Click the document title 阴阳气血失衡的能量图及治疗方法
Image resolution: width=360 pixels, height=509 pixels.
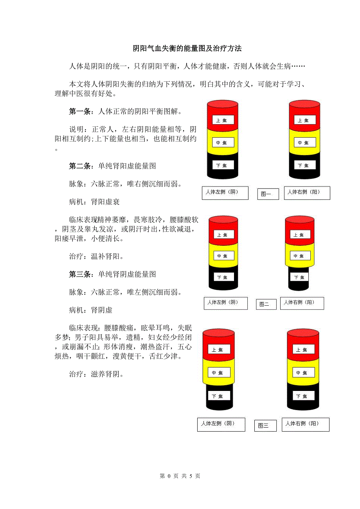[x=187, y=48]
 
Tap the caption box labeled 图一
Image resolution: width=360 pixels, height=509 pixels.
[x=268, y=194]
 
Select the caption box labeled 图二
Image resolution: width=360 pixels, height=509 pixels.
[x=266, y=304]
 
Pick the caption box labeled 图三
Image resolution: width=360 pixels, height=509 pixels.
[x=265, y=425]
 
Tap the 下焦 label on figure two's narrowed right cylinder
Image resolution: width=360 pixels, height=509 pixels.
[x=299, y=277]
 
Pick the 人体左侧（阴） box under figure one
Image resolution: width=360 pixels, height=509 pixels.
[x=225, y=193]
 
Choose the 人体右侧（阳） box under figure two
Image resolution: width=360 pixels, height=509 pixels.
[x=302, y=303]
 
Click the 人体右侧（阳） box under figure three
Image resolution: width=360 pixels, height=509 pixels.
[x=306, y=425]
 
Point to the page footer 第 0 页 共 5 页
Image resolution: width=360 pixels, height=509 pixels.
[x=180, y=476]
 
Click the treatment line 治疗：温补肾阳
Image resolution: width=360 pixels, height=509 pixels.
[x=97, y=256]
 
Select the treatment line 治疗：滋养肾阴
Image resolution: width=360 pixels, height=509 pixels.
[x=97, y=374]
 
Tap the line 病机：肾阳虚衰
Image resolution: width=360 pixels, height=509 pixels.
[x=94, y=202]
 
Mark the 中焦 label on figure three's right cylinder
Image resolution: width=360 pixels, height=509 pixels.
[x=304, y=373]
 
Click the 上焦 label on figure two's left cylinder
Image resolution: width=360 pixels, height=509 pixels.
[x=224, y=235]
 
